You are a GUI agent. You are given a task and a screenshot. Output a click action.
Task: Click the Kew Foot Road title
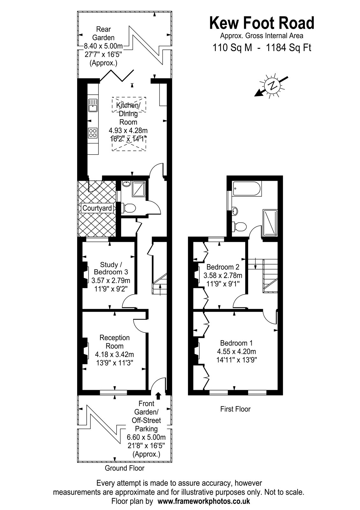click(x=262, y=23)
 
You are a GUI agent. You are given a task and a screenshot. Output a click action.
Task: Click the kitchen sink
click(x=93, y=106)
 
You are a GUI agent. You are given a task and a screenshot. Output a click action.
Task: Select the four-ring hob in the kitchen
click(x=93, y=133)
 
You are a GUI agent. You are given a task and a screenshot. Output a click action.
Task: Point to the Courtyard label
click(x=97, y=208)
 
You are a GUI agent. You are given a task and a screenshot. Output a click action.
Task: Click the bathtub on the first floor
click(x=247, y=188)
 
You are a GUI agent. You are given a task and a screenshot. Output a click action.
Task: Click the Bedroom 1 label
click(x=236, y=343)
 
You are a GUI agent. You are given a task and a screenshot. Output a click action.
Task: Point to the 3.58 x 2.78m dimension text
click(x=223, y=275)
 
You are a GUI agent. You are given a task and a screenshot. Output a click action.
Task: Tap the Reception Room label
click(x=114, y=342)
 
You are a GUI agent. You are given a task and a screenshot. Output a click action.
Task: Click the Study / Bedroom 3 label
click(x=111, y=268)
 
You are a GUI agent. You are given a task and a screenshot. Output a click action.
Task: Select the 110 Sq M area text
click(x=232, y=48)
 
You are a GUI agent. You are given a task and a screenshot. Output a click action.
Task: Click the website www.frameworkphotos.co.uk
click(x=204, y=501)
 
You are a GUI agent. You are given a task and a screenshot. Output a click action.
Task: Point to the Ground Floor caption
click(x=125, y=468)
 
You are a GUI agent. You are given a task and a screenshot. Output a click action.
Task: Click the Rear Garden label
click(x=103, y=33)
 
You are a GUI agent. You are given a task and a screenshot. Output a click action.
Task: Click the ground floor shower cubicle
click(x=139, y=189)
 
